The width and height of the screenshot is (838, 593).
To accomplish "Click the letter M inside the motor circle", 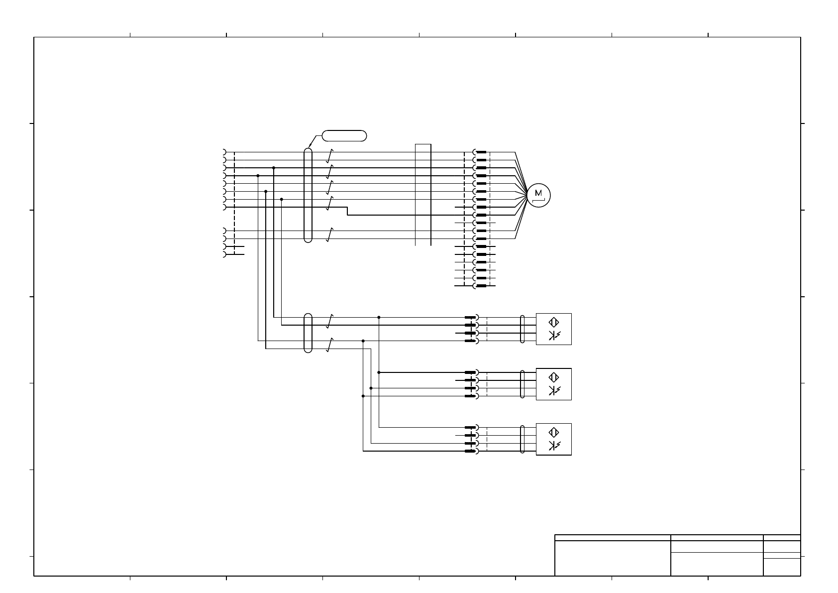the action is pyautogui.click(x=538, y=193).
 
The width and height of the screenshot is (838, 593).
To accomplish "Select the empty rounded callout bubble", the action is pyautogui.click(x=344, y=135).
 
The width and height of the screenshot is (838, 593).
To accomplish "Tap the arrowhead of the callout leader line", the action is pyautogui.click(x=310, y=146).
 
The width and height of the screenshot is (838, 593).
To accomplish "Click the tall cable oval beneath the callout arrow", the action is pyautogui.click(x=308, y=195).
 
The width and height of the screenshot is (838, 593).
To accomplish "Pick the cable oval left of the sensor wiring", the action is pyautogui.click(x=308, y=333).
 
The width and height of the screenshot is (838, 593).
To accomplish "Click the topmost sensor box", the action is pyautogui.click(x=553, y=329).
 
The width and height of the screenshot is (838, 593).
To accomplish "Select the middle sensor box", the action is pyautogui.click(x=553, y=384).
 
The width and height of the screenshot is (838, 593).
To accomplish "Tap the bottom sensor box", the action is pyautogui.click(x=553, y=439).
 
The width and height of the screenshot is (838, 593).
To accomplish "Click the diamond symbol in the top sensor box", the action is pyautogui.click(x=553, y=322).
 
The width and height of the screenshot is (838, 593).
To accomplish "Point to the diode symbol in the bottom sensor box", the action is pyautogui.click(x=553, y=446).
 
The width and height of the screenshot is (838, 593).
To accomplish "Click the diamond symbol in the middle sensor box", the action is pyautogui.click(x=553, y=377).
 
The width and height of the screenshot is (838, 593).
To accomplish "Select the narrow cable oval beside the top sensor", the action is pyautogui.click(x=522, y=329).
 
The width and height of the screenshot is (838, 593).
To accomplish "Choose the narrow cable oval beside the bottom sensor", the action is pyautogui.click(x=522, y=439).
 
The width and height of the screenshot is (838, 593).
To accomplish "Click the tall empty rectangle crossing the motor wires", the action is pyautogui.click(x=423, y=195).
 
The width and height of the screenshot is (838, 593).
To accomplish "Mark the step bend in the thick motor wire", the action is pyautogui.click(x=347, y=211).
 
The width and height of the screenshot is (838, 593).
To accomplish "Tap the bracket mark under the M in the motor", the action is pyautogui.click(x=538, y=201).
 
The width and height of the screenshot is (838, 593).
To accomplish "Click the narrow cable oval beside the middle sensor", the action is pyautogui.click(x=522, y=384).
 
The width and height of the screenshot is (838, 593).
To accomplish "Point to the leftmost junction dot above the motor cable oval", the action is pyautogui.click(x=258, y=176).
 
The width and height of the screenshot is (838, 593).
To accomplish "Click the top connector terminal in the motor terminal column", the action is pyautogui.click(x=480, y=152).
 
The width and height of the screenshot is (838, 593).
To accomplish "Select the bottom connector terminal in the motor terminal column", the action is pyautogui.click(x=480, y=286).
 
